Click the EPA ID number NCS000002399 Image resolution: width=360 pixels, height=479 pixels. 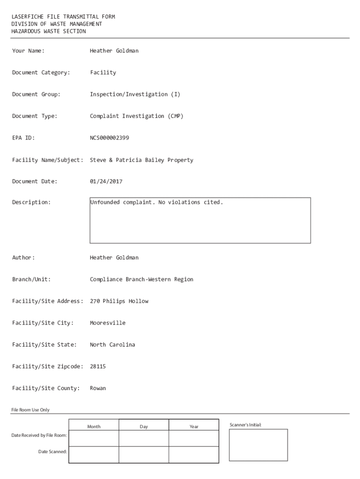click(x=109, y=138)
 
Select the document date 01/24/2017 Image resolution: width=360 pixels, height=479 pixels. click(x=106, y=181)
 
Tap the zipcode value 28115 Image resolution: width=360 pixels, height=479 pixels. click(x=98, y=367)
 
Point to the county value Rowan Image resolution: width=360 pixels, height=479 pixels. click(x=98, y=388)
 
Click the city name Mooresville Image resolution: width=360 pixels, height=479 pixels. click(x=108, y=323)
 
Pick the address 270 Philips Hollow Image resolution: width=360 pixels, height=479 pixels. click(x=119, y=301)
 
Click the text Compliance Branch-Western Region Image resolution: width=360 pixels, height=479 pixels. click(x=141, y=279)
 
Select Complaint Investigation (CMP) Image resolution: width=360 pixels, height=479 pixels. click(x=137, y=116)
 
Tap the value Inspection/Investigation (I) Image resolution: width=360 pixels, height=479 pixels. click(x=135, y=94)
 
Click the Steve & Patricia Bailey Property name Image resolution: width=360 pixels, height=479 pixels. click(x=141, y=160)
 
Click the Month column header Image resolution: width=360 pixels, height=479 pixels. click(x=94, y=427)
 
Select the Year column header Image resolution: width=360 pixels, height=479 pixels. click(x=194, y=427)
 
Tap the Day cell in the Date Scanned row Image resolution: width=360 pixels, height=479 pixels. click(x=144, y=455)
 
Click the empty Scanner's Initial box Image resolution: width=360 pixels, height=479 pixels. click(x=258, y=445)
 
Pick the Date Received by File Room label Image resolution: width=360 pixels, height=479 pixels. click(x=39, y=435)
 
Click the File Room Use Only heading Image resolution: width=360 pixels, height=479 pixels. click(x=30, y=410)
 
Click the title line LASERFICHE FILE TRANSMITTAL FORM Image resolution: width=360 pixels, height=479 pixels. click(x=63, y=17)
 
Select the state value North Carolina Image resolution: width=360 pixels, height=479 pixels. click(x=112, y=345)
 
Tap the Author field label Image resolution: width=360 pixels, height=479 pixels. click(x=23, y=258)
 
